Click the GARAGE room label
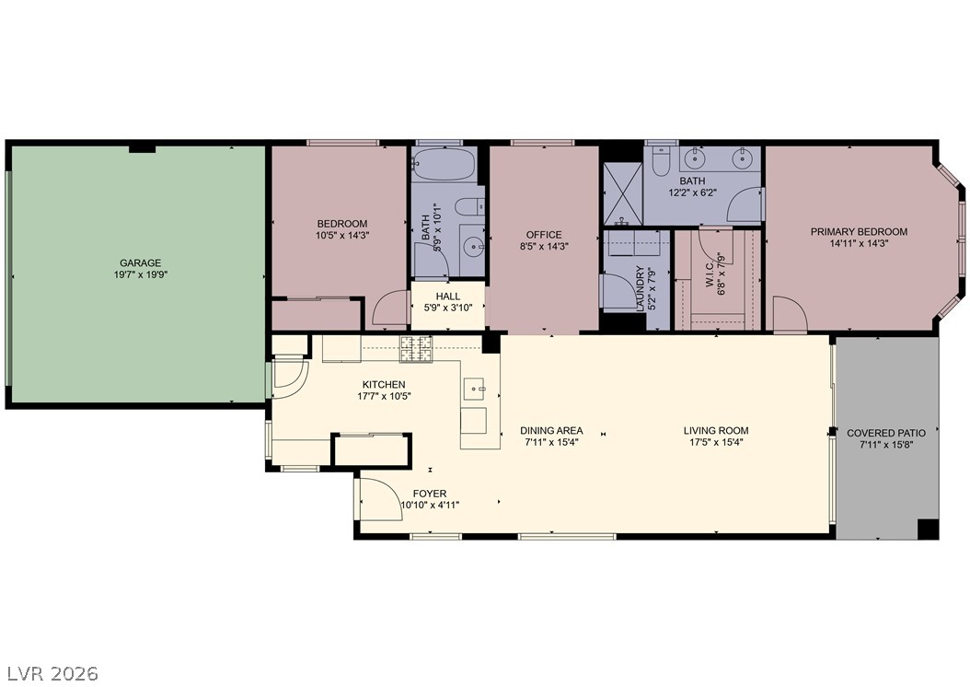[141, 263]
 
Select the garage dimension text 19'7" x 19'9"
[141, 274]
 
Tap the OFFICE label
[544, 235]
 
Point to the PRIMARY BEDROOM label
[860, 232]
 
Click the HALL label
[448, 297]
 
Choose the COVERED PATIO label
[886, 433]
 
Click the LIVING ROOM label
[716, 430]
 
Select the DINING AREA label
[551, 430]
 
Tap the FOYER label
[430, 494]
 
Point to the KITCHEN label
[384, 384]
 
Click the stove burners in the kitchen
[416, 349]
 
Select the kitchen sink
[476, 388]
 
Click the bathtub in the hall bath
[445, 164]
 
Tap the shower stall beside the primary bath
[623, 193]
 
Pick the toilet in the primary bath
[661, 158]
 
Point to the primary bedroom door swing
[790, 313]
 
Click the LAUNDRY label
[641, 288]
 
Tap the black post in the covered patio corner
[928, 530]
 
